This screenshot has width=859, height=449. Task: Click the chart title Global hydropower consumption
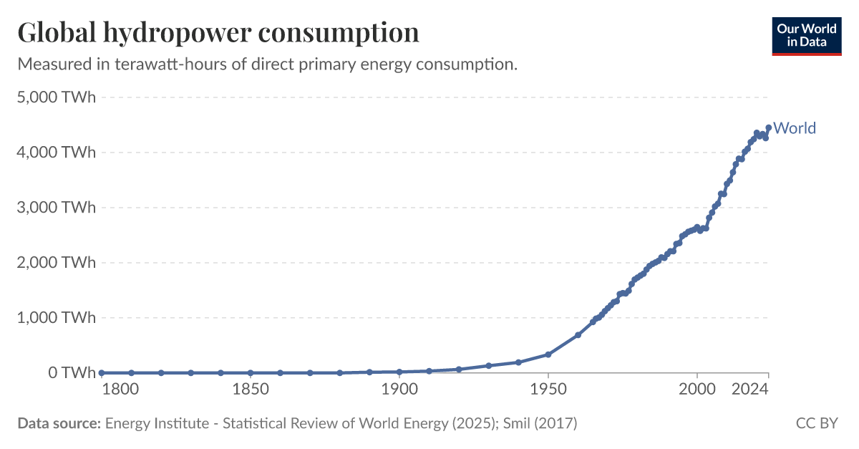[x=218, y=33]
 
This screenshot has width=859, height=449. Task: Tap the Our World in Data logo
[x=807, y=35]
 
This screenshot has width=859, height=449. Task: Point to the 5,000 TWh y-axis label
[x=56, y=97]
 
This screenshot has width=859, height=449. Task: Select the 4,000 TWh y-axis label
[x=56, y=153]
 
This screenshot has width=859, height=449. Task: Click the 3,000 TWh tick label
[x=56, y=208]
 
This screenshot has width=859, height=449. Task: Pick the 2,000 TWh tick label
[x=56, y=263]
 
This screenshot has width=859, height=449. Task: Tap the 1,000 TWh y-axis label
[x=56, y=318]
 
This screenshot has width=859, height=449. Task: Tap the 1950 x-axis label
[x=548, y=390]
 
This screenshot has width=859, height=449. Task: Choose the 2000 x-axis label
[x=697, y=390]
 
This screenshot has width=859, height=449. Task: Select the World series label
[x=795, y=128]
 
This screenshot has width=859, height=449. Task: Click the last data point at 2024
[x=768, y=128]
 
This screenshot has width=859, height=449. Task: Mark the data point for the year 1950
[x=548, y=354]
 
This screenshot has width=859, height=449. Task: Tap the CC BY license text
[x=816, y=423]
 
